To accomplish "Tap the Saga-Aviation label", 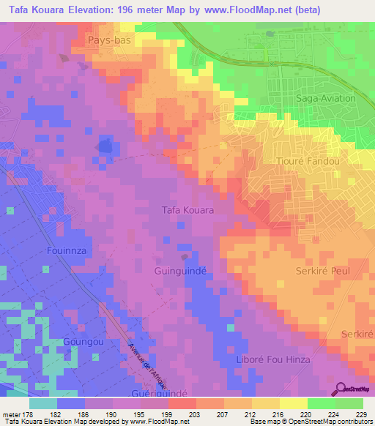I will (325, 98).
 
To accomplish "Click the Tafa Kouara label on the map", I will (187, 210).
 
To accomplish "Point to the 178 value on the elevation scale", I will (26, 414).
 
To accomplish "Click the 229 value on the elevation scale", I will (362, 414).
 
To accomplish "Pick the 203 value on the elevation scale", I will (194, 414).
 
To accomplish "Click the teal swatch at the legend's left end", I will (43, 403).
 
